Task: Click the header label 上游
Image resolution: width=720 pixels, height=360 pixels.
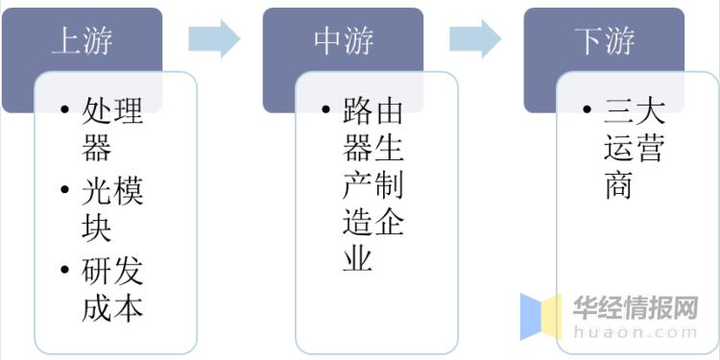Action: tap(83, 40)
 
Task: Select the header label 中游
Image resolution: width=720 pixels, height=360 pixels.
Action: tap(343, 40)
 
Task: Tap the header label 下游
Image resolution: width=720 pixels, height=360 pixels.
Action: tap(605, 40)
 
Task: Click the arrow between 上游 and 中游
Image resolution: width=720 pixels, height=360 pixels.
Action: tap(213, 37)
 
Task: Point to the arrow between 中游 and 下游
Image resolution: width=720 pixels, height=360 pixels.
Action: tap(475, 37)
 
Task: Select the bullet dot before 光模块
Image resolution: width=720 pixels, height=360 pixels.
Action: tap(63, 192)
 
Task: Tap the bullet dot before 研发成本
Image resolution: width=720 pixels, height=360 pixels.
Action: tap(63, 272)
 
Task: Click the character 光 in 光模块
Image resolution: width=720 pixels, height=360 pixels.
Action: tap(97, 192)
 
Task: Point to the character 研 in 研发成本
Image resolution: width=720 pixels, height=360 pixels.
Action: tap(97, 272)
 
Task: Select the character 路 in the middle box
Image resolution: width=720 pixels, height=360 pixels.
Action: tap(358, 112)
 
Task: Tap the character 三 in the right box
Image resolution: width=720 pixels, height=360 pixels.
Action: tap(619, 112)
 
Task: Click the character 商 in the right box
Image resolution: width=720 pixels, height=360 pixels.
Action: tap(619, 184)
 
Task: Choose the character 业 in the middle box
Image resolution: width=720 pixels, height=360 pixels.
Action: tap(358, 257)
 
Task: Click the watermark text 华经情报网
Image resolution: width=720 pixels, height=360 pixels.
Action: tap(635, 307)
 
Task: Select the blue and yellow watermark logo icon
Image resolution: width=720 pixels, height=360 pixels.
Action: tap(540, 317)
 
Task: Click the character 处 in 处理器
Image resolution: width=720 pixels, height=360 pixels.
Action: tap(97, 112)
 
